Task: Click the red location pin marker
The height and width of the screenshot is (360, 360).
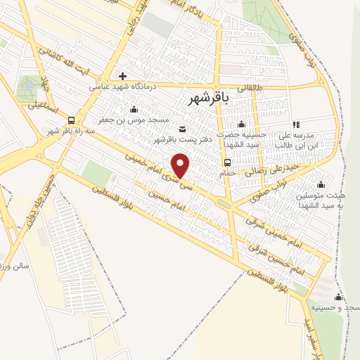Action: click(181, 165)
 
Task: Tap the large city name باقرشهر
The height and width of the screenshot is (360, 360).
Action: click(210, 100)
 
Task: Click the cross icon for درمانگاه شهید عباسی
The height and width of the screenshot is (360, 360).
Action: click(122, 76)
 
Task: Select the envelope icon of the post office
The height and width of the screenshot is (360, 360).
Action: click(183, 129)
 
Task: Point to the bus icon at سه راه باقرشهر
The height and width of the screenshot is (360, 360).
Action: click(71, 120)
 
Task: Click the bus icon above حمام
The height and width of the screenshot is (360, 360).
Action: click(226, 162)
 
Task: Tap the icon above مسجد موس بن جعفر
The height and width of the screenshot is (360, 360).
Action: click(134, 109)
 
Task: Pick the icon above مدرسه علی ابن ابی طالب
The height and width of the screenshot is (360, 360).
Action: click(296, 124)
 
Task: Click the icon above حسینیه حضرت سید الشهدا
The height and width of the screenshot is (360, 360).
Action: click(241, 124)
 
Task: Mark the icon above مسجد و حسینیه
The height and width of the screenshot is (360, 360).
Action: click(338, 297)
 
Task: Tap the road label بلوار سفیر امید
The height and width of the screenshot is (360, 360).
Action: click(313, 338)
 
